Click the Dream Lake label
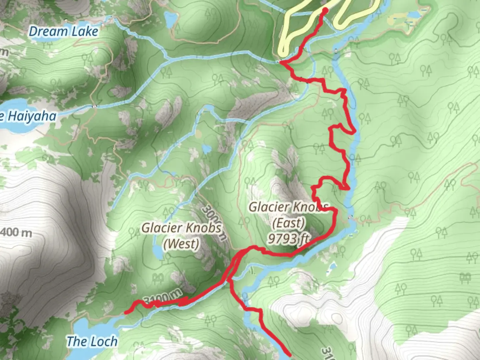click(63, 32)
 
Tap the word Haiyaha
click(32, 116)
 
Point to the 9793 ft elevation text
click(288, 238)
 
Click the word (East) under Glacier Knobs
click(288, 223)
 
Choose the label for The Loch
click(92, 342)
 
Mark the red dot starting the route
click(324, 10)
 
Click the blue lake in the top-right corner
click(413, 15)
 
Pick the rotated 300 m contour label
click(214, 222)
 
